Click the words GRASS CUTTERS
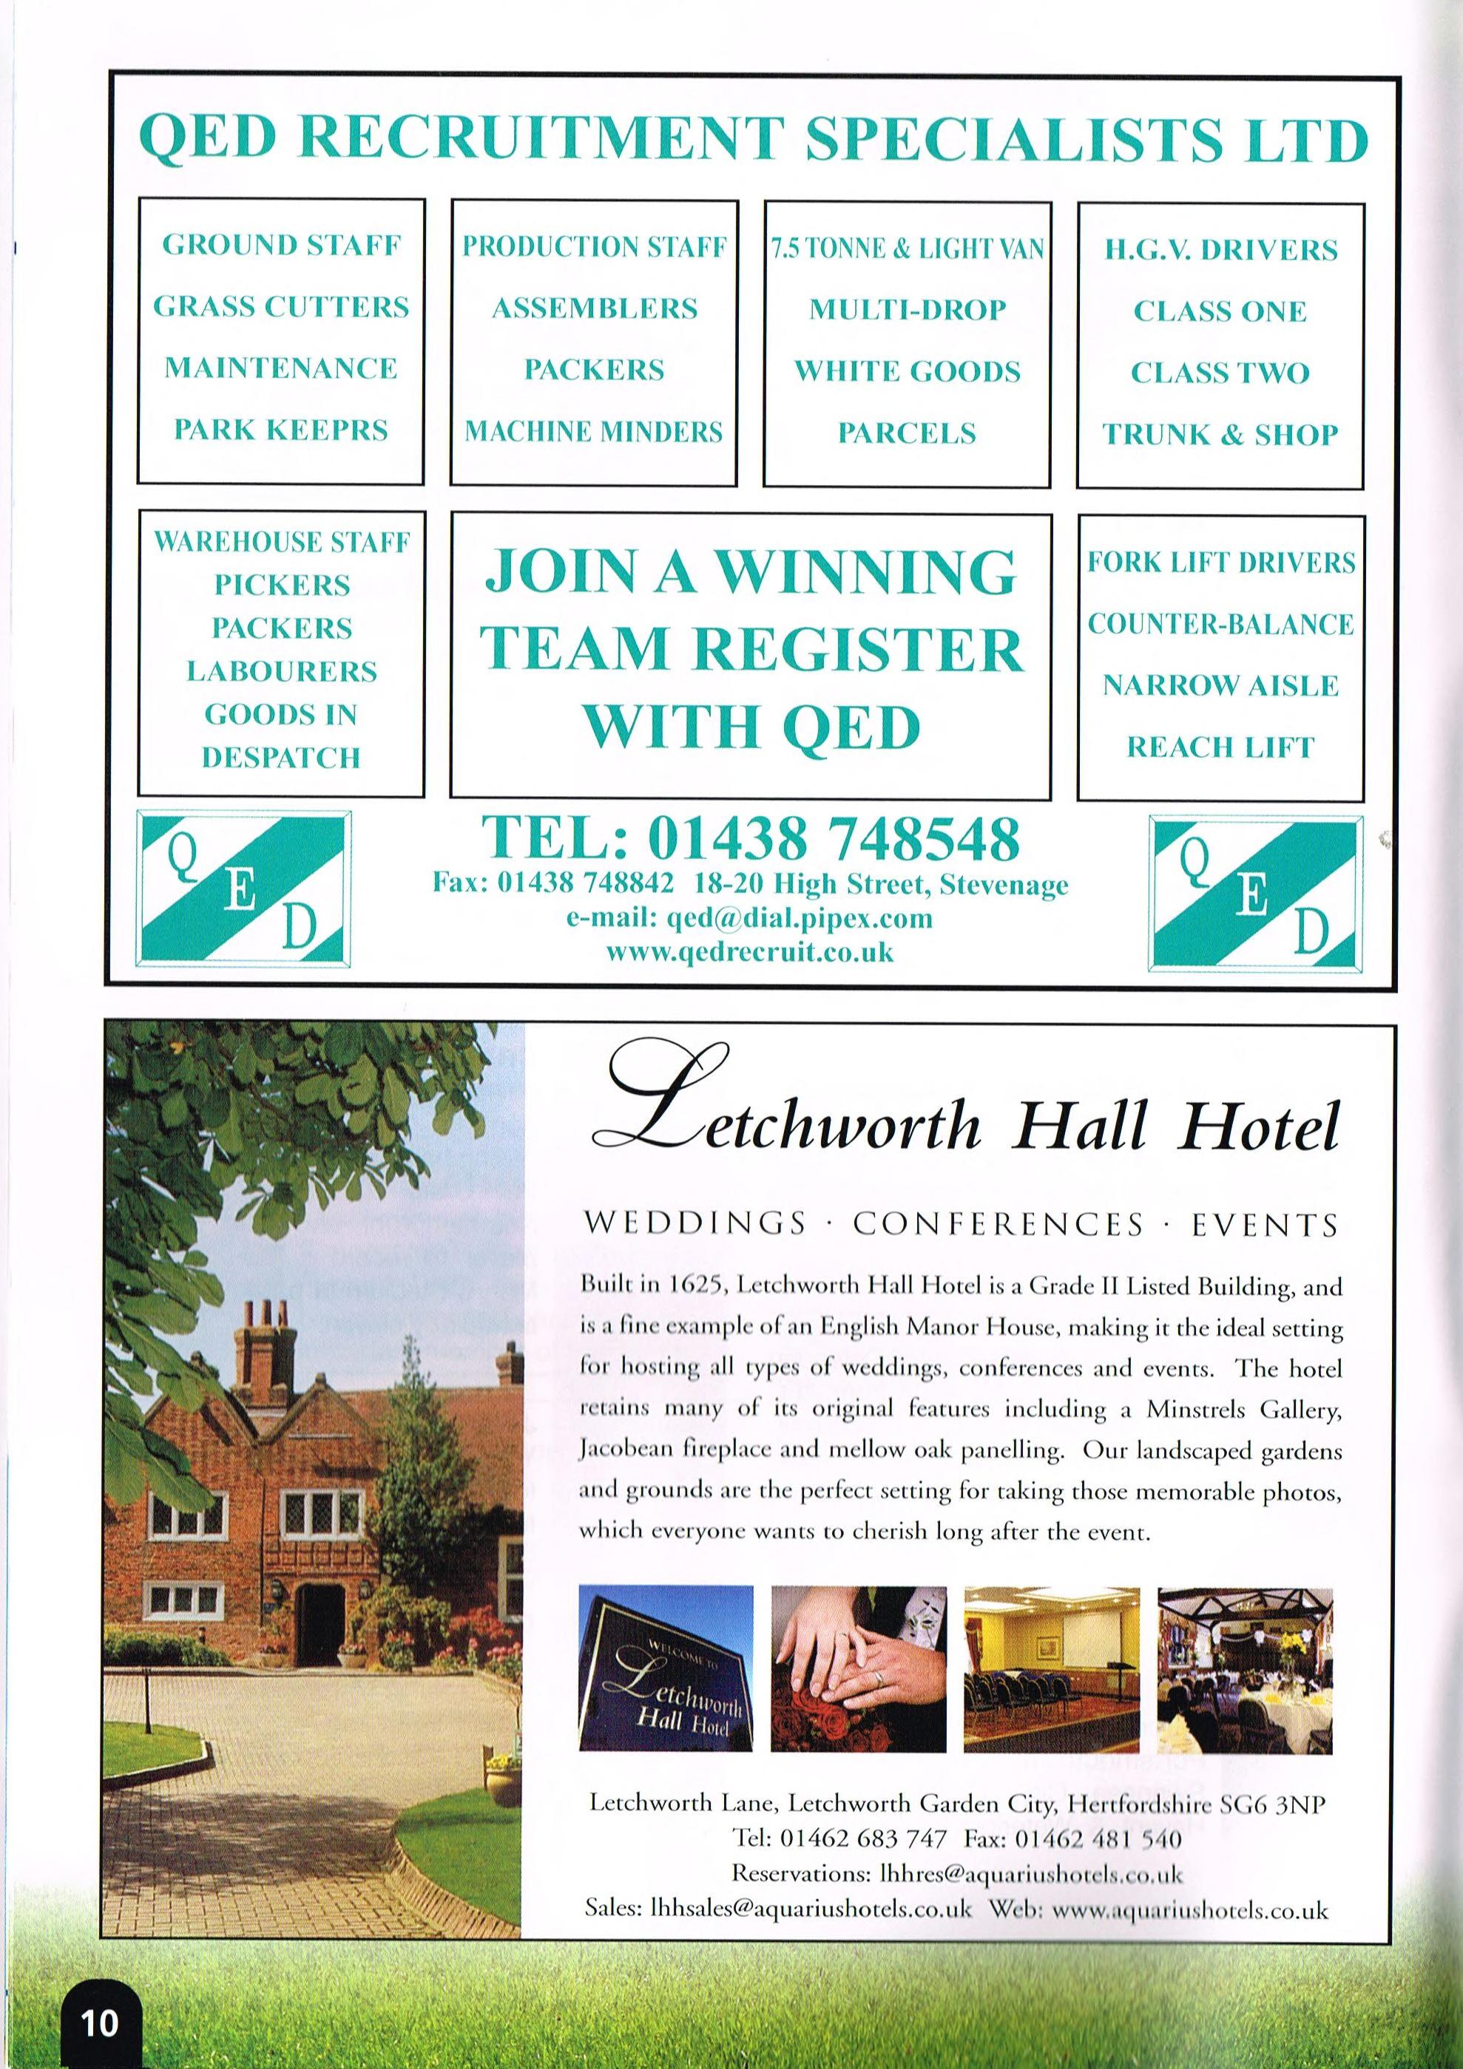pyautogui.click(x=280, y=308)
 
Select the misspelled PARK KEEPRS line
pyautogui.click(x=280, y=429)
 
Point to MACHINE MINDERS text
pyautogui.click(x=594, y=432)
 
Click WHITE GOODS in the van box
pyautogui.click(x=907, y=371)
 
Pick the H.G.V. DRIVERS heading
pyautogui.click(x=1220, y=250)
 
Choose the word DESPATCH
pyautogui.click(x=280, y=758)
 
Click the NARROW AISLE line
pyautogui.click(x=1220, y=686)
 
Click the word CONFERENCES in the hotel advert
pyautogui.click(x=998, y=1224)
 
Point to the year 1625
pyautogui.click(x=692, y=1286)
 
